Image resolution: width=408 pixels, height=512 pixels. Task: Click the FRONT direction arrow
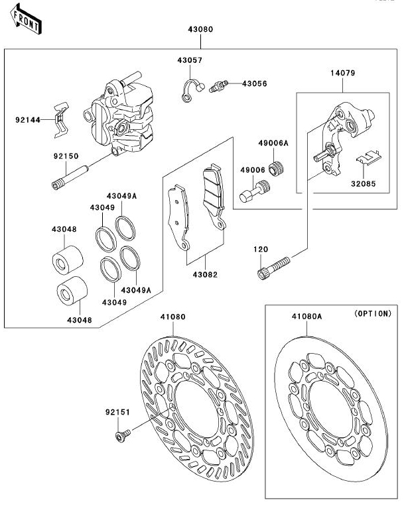click(x=26, y=19)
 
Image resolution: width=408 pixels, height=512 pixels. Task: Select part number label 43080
click(x=200, y=29)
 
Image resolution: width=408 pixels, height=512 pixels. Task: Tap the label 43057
click(x=190, y=60)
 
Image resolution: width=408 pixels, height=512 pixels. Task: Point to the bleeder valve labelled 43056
click(x=218, y=86)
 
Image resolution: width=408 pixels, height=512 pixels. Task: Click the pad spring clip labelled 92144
click(x=61, y=120)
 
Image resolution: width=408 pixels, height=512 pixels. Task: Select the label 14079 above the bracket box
click(x=342, y=73)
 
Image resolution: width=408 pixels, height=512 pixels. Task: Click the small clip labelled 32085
click(x=369, y=157)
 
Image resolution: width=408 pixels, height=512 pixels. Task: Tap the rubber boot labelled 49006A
click(x=276, y=168)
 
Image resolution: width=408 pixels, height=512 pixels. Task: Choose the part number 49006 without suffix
click(x=253, y=170)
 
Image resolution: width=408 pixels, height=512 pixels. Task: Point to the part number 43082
click(x=205, y=275)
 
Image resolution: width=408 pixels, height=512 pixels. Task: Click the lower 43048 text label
click(x=80, y=321)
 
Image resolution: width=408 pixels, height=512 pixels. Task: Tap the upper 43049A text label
click(x=121, y=196)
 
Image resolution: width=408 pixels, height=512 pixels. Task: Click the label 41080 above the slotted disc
click(x=173, y=317)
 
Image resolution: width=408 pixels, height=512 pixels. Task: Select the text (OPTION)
click(x=373, y=313)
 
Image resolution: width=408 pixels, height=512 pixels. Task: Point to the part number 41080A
click(x=306, y=317)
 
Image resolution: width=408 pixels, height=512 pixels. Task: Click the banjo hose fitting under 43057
click(x=192, y=91)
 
